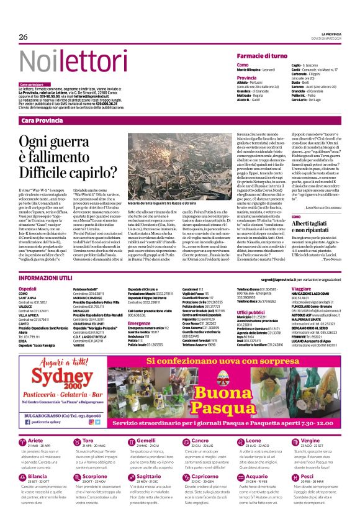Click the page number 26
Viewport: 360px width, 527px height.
(24, 37)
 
